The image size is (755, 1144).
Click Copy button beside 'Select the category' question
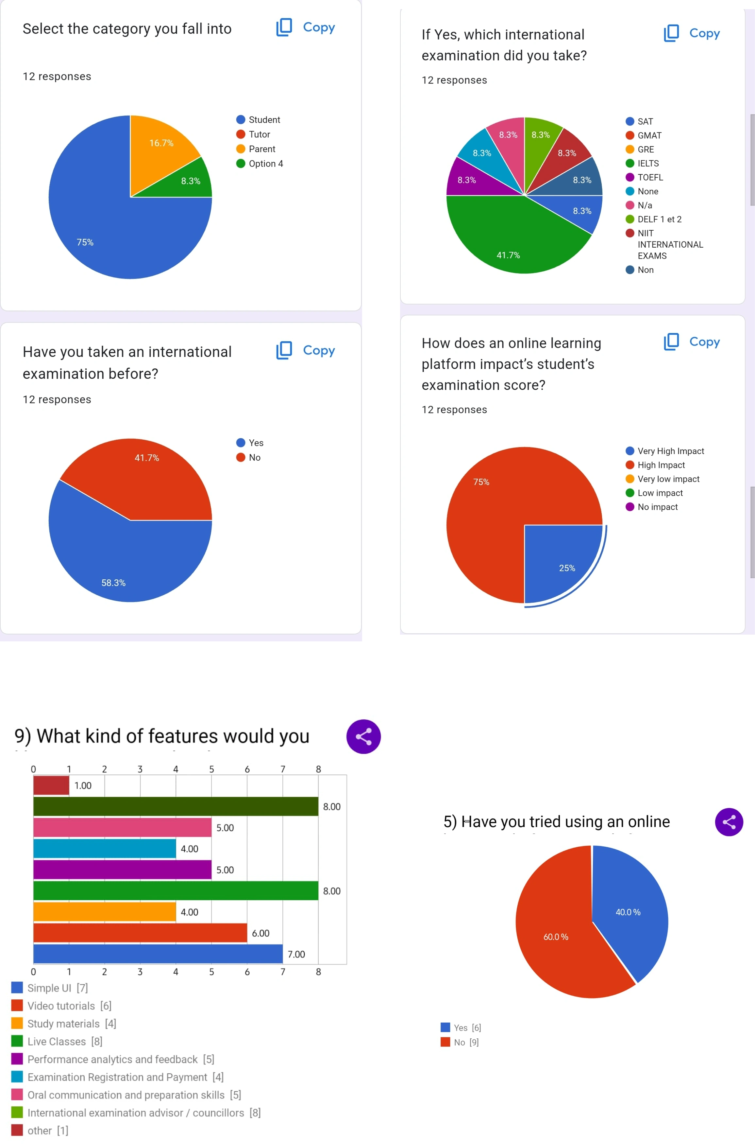(x=306, y=27)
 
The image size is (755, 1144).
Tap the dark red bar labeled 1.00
(x=51, y=785)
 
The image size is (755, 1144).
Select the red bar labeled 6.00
(x=140, y=933)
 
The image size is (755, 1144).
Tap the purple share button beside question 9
(x=363, y=736)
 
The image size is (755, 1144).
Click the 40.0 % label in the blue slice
(x=628, y=912)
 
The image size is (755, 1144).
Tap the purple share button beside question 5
(x=729, y=822)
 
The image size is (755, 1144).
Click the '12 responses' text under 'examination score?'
(x=454, y=410)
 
